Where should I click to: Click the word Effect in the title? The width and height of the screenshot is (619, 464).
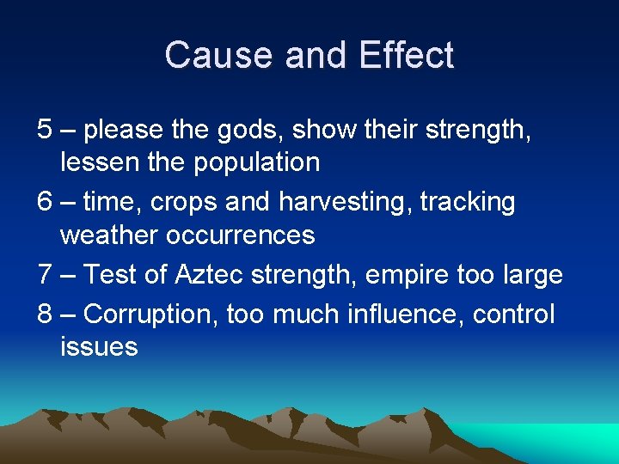tap(406, 55)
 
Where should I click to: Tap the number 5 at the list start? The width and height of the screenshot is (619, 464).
tap(46, 130)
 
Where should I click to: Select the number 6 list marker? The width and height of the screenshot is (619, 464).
tap(46, 202)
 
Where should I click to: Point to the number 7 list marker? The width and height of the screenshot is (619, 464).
tap(46, 275)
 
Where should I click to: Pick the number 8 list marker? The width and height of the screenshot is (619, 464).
tap(46, 314)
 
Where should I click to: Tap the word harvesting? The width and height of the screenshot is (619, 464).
tap(345, 203)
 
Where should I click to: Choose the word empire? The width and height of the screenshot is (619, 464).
tap(390, 276)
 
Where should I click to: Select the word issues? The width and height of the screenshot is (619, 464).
tap(99, 346)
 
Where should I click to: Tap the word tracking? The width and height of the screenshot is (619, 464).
tap(468, 203)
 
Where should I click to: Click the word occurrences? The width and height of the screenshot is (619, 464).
tap(245, 235)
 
